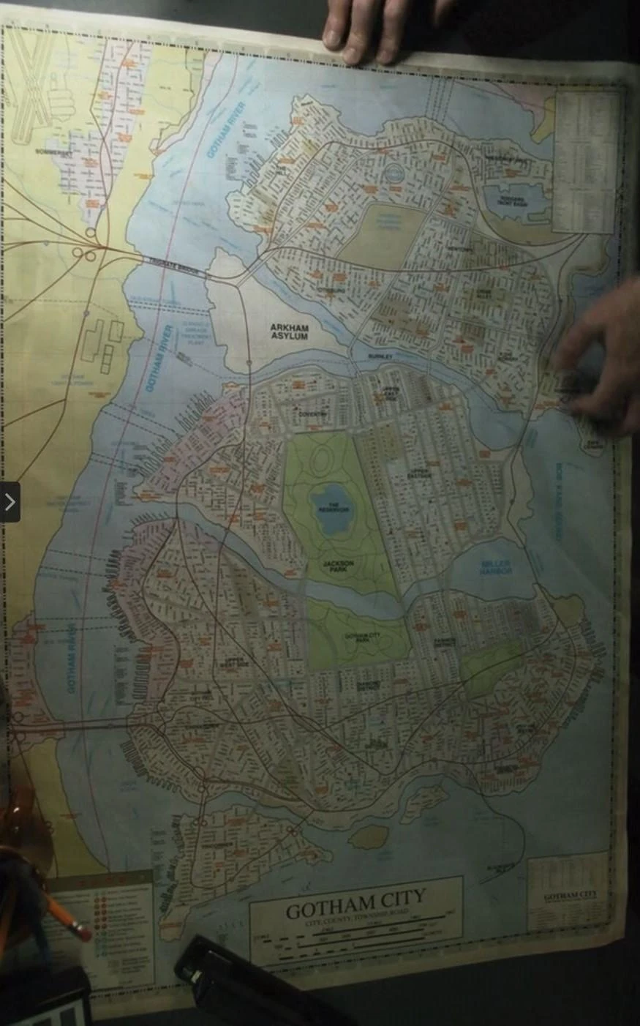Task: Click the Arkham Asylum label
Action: pos(289,332)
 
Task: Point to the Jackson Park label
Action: pos(338,566)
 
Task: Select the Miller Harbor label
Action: pos(495,566)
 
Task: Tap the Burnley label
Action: pos(380,356)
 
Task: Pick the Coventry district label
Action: pos(312,414)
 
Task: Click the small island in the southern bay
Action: pos(369,836)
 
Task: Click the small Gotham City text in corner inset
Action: pos(570,896)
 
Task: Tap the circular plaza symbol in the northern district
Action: pos(393,173)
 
